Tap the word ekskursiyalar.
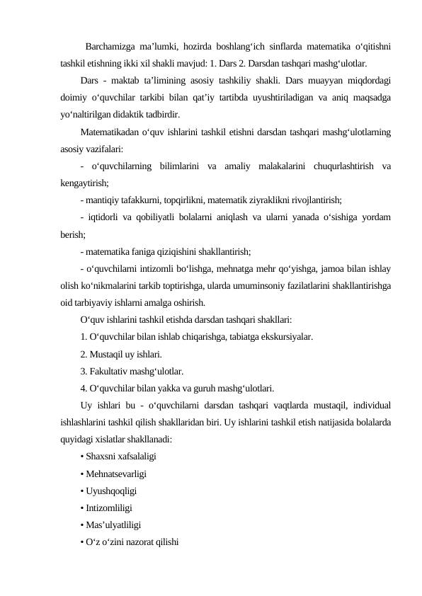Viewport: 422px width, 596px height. (285, 336)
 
